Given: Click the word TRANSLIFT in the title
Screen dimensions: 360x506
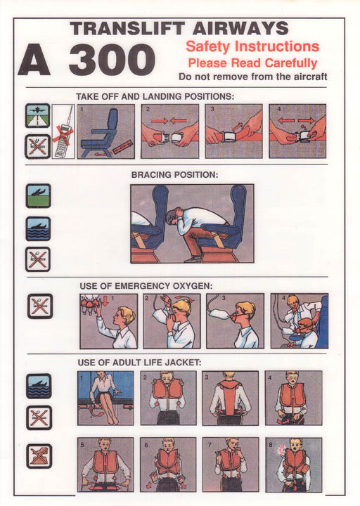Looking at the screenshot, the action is [x=127, y=28].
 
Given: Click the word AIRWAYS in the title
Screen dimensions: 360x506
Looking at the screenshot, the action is [x=240, y=28].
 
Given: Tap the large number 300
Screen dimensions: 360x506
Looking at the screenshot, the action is [x=112, y=60].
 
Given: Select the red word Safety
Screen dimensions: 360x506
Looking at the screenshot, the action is [x=207, y=46].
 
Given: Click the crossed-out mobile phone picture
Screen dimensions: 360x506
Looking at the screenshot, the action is [x=63, y=131].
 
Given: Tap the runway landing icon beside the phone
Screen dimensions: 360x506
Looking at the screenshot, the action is [x=38, y=115].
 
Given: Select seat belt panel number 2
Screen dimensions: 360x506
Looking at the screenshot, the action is [x=170, y=131].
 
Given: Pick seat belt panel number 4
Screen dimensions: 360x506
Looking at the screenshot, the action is [x=297, y=131].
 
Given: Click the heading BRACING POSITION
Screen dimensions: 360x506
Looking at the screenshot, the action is [x=174, y=175].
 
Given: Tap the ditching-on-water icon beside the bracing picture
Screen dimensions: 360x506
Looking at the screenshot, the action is [x=38, y=229].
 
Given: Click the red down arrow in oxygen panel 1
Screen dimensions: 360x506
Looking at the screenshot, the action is [x=105, y=301].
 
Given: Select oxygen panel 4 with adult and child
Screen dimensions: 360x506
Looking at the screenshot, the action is [x=300, y=321].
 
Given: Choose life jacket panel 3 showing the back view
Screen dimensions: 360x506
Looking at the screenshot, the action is [x=230, y=398].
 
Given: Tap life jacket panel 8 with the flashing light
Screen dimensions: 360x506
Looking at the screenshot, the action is [x=293, y=465].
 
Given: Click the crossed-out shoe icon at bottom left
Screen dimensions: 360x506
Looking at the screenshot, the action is [x=39, y=456].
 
